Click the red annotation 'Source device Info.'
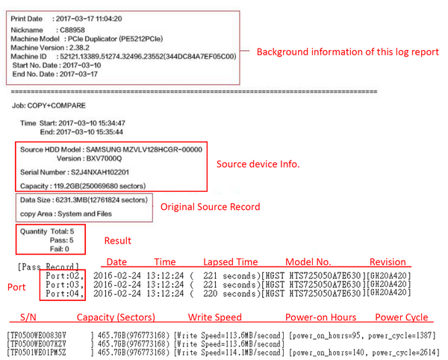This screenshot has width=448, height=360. [258, 164]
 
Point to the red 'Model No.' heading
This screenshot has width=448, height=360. [309, 262]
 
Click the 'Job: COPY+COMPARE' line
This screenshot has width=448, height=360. [54, 105]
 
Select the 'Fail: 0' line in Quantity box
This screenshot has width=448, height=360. [58, 249]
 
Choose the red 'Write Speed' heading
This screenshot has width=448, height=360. [215, 317]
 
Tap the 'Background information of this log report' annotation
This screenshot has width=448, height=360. [348, 52]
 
